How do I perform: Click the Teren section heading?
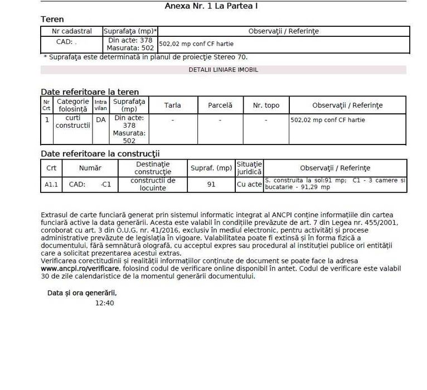[x=52, y=20]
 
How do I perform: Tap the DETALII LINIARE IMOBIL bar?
[x=223, y=70]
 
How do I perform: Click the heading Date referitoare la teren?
[x=90, y=92]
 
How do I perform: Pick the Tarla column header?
[x=173, y=105]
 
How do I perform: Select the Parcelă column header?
[x=220, y=105]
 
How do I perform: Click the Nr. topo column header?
[x=266, y=105]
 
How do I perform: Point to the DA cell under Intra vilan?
[x=100, y=119]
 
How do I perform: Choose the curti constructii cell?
[x=73, y=122]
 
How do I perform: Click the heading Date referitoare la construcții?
[x=100, y=153]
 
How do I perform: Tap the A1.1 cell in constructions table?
[x=51, y=184]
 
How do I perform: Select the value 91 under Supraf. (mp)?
[x=211, y=184]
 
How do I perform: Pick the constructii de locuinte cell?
[x=153, y=184]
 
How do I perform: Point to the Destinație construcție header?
[x=153, y=168]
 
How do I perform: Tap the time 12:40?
[x=105, y=303]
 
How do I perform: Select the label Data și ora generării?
[x=82, y=292]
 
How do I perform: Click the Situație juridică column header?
[x=249, y=168]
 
